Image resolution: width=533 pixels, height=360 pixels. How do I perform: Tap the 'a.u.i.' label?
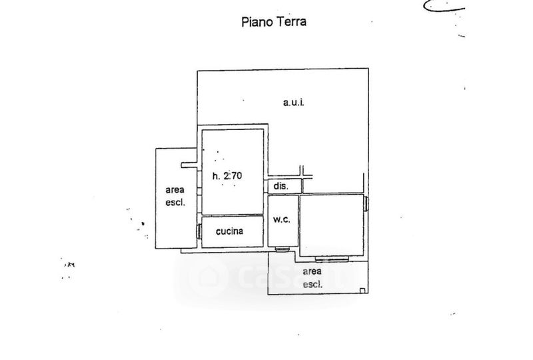click(292, 102)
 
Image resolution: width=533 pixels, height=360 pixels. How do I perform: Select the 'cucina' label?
click(230, 232)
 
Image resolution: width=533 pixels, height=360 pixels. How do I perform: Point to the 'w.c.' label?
click(280, 220)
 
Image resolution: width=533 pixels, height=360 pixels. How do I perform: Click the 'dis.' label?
click(280, 186)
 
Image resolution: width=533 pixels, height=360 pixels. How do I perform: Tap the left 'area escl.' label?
click(175, 196)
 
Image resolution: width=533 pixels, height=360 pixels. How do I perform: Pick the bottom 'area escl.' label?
click(312, 277)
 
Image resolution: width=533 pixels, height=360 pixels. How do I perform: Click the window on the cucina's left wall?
click(199, 231)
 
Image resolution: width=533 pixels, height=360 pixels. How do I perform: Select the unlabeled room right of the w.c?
click(332, 225)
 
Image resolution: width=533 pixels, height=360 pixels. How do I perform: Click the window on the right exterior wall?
click(367, 203)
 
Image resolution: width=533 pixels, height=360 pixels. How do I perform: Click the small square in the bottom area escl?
click(361, 289)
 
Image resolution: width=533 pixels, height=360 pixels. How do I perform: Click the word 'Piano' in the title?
click(255, 21)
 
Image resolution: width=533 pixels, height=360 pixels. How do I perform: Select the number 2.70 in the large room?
click(233, 176)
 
